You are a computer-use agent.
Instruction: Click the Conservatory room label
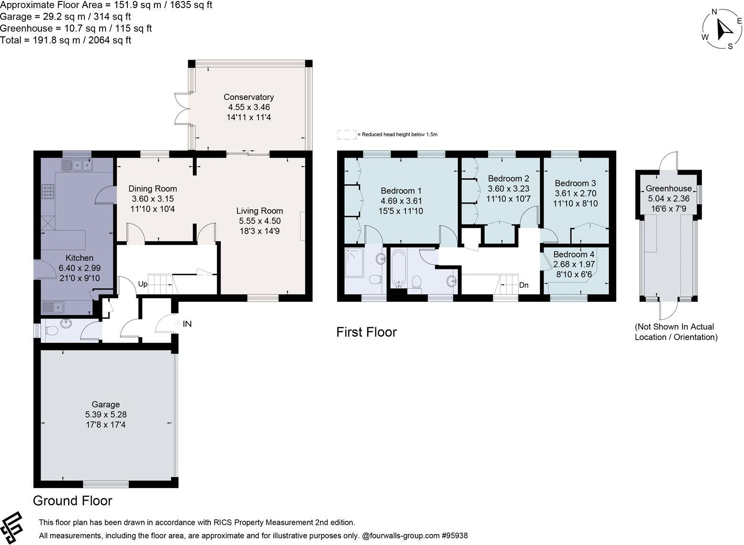pyautogui.click(x=248, y=97)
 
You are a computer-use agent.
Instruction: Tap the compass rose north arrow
pyautogui.click(x=724, y=30)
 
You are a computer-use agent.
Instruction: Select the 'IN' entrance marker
pyautogui.click(x=186, y=324)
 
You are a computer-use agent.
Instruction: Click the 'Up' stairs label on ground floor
pyautogui.click(x=143, y=284)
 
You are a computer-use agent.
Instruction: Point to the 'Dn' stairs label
pyautogui.click(x=524, y=286)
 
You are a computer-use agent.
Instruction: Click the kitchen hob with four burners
pyautogui.click(x=48, y=192)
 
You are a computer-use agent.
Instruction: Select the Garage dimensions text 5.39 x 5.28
pyautogui.click(x=105, y=415)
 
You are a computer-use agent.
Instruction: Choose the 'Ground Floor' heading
pyautogui.click(x=72, y=501)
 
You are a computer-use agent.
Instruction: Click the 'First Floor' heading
pyautogui.click(x=366, y=332)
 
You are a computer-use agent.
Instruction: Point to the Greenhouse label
pyautogui.click(x=668, y=189)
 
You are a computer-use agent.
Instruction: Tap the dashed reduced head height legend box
pyautogui.click(x=346, y=135)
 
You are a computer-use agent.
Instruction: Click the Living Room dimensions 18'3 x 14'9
pyautogui.click(x=260, y=231)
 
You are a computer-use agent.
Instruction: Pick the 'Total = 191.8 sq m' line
pyautogui.click(x=65, y=41)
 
